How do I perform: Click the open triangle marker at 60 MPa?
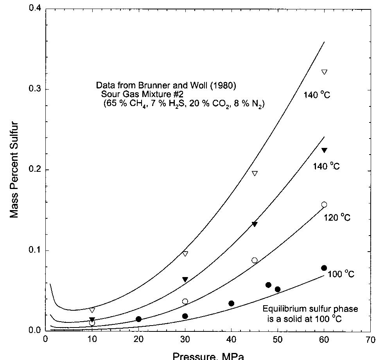[324, 72]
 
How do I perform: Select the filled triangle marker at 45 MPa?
[255, 224]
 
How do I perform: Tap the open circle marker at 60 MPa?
[324, 205]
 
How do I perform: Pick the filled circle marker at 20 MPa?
[138, 319]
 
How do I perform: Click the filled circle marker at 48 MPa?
[268, 285]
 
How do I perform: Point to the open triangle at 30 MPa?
[185, 254]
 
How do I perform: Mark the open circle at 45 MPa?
[255, 260]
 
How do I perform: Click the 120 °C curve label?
[337, 218]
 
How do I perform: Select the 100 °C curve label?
[341, 274]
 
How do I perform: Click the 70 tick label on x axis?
[370, 340]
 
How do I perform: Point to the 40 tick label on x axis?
[231, 340]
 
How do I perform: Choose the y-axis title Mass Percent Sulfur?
[14, 169]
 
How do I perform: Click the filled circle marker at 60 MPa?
[324, 268]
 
